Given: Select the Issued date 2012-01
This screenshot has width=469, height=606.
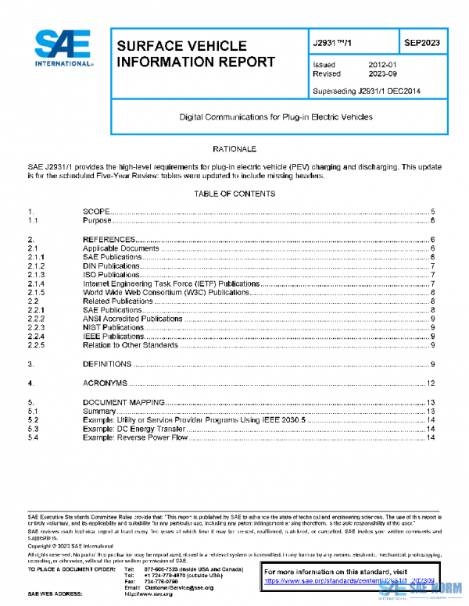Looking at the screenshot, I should [x=384, y=64].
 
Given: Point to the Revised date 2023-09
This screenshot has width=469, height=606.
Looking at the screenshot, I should [x=384, y=73].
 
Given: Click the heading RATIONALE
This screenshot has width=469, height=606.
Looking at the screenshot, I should [x=234, y=148].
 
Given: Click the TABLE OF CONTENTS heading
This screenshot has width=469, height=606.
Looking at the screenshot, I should [x=234, y=194].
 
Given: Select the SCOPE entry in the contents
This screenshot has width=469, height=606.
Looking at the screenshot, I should [x=95, y=212].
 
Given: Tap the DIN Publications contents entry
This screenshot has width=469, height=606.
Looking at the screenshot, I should [x=111, y=266].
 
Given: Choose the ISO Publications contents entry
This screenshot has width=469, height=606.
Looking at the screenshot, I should [x=111, y=275].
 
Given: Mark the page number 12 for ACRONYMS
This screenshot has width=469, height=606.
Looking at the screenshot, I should [x=430, y=383].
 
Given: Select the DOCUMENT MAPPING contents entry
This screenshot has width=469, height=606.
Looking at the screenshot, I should [x=123, y=402].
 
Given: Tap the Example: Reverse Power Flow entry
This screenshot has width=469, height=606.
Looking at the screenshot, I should [x=135, y=437].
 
